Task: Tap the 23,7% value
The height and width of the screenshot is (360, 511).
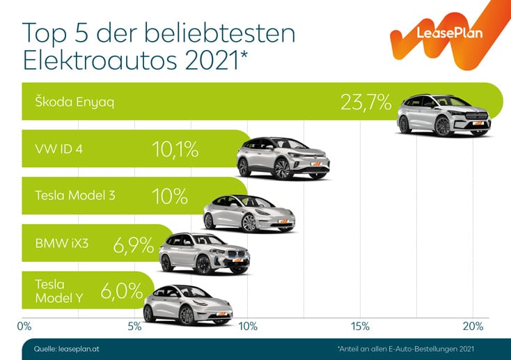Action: [x=366, y=102]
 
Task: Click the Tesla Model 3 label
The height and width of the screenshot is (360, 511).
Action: [x=74, y=196]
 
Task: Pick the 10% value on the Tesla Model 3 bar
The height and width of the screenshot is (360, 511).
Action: [x=170, y=196]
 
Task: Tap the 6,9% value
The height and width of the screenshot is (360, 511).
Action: [x=132, y=243]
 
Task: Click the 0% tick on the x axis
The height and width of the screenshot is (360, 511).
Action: [x=24, y=326]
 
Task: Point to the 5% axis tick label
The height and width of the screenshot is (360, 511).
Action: [x=135, y=326]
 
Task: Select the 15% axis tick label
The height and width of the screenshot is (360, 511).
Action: [x=360, y=326]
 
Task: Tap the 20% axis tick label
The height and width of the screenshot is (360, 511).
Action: [x=473, y=326]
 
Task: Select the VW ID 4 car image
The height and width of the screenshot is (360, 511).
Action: [x=283, y=157]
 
